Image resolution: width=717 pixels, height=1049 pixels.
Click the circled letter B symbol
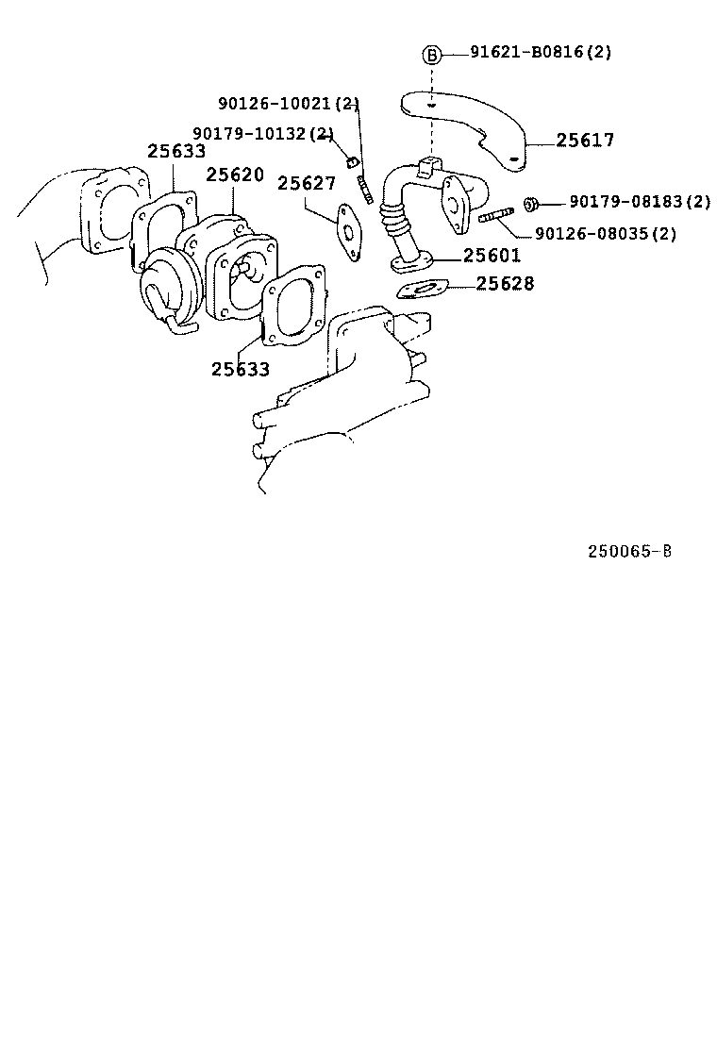coord(431,54)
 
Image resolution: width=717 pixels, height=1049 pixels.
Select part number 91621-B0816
coord(541,53)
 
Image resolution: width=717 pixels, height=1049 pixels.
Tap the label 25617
coord(585,141)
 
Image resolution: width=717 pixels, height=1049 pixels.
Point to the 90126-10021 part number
coord(288,103)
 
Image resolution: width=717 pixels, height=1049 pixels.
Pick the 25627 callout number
coord(306,183)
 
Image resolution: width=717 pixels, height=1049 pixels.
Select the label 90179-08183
coord(639,202)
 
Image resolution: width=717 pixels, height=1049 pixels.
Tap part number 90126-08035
coord(605,233)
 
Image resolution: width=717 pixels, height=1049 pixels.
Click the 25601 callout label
coord(492,256)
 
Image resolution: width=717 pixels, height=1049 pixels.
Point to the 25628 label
coord(505,283)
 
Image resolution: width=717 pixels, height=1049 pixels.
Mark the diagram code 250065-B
coord(629,552)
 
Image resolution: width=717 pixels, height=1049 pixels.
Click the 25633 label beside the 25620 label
coord(176,151)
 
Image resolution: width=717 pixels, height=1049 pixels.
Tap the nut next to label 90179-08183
coord(531,203)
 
